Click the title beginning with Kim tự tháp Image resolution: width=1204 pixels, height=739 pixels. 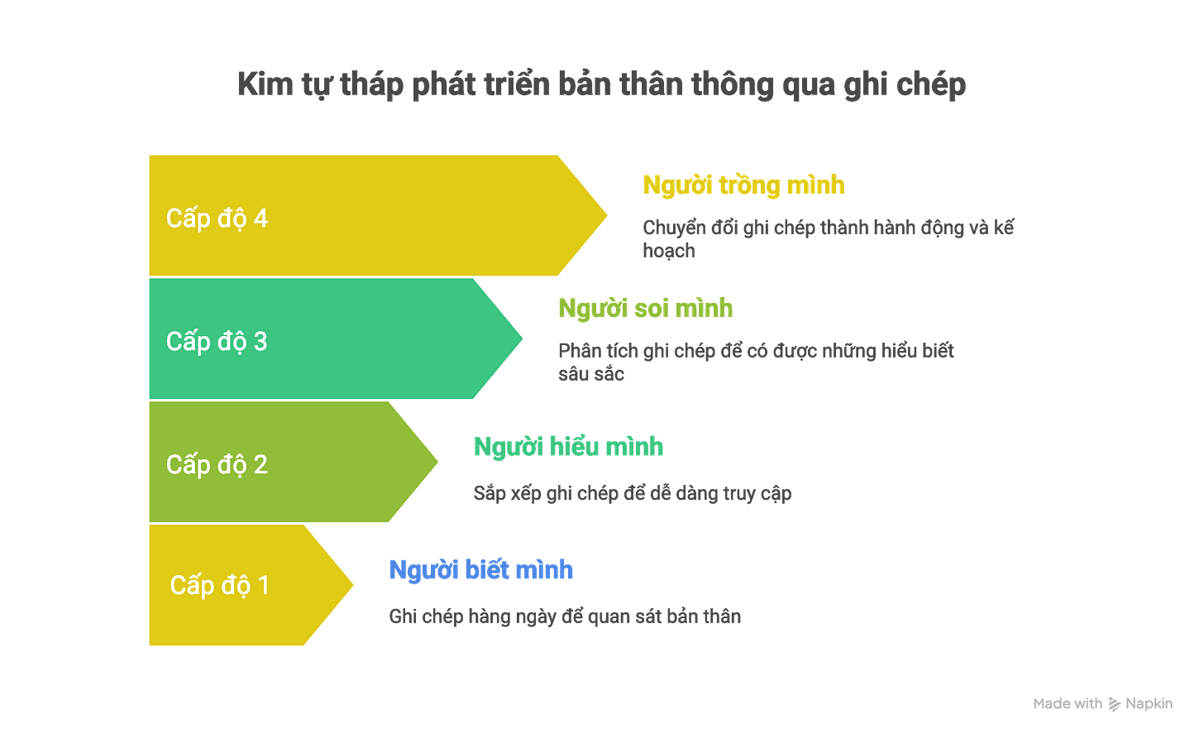[x=601, y=86]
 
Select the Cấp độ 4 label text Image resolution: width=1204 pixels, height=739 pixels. [x=217, y=218]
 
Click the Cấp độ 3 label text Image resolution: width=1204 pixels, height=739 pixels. [x=217, y=341]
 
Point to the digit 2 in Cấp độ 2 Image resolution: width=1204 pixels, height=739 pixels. [x=260, y=464]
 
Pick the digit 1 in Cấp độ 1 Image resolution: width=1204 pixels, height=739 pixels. [x=263, y=585]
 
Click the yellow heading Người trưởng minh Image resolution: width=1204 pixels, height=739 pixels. [x=743, y=186]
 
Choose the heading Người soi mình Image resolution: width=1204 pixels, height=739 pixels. [x=645, y=309]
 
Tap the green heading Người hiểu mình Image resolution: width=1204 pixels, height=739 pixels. [x=568, y=448]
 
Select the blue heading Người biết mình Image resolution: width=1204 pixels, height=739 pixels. [x=481, y=570]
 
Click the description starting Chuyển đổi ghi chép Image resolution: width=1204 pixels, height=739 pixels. [x=827, y=238]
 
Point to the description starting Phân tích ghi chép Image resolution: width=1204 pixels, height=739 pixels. [x=756, y=362]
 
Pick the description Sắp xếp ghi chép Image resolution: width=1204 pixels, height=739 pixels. [x=632, y=494]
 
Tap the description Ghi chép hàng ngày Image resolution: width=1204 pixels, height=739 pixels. [x=565, y=617]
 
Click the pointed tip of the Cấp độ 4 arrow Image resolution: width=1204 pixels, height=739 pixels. [x=609, y=215]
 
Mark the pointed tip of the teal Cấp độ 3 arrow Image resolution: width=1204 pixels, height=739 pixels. [x=524, y=339]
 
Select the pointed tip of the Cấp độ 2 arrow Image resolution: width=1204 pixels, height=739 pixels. [x=439, y=462]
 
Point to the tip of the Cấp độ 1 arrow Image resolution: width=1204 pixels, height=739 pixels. [x=356, y=585]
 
